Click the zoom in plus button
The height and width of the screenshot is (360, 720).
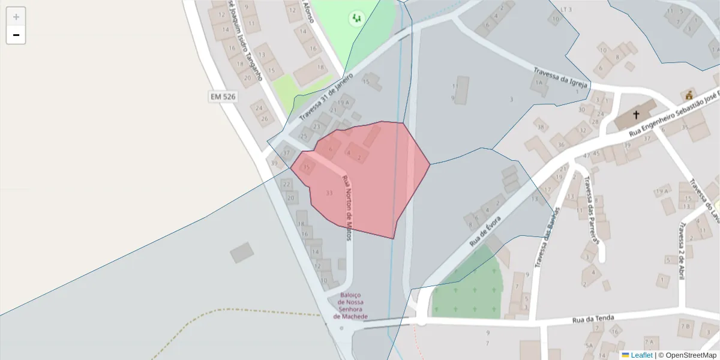coord(16,17)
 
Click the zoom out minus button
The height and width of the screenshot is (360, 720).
coord(16,35)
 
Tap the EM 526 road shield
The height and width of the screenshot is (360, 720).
coord(223,97)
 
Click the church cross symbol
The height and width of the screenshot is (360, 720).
coord(636,114)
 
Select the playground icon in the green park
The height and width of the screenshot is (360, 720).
coord(356,19)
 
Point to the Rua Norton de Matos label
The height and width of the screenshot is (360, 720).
coord(347,208)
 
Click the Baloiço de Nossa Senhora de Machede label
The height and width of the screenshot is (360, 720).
coord(350,305)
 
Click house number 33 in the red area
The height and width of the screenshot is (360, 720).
coord(329,193)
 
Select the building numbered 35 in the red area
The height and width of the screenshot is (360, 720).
coord(307,167)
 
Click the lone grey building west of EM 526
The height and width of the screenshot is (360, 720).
coord(242,252)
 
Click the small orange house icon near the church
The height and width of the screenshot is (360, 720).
coord(689,95)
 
